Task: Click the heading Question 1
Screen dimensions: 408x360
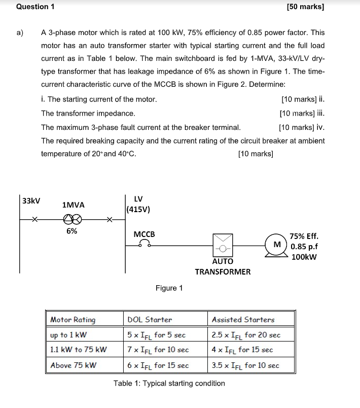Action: (35, 7)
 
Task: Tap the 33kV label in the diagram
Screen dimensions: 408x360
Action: (31, 200)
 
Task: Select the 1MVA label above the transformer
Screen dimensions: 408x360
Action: (73, 205)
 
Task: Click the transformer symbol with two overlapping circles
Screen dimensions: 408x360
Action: (72, 219)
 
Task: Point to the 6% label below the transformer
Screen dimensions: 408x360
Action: (72, 231)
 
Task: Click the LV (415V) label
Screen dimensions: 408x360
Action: (138, 204)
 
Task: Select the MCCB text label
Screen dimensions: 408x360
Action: (144, 234)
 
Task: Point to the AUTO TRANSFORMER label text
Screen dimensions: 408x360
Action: (223, 266)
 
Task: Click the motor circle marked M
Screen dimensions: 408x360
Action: (277, 245)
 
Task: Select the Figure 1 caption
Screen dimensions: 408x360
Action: (169, 288)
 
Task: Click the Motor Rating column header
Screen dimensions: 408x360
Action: (73, 320)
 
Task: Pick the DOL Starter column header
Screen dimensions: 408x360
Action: (150, 320)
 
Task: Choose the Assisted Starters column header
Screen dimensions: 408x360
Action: (243, 320)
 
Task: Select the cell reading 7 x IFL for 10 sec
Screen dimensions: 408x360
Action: (158, 350)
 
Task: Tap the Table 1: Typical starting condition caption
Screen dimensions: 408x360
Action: (169, 383)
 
